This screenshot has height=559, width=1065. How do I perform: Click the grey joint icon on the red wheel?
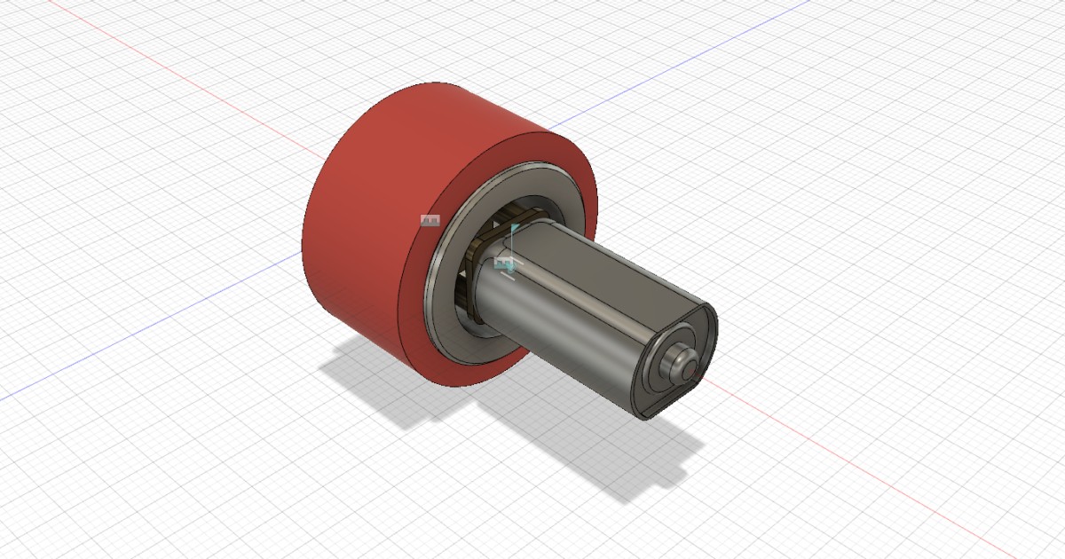[x=430, y=220]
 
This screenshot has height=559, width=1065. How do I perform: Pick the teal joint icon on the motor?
[x=504, y=263]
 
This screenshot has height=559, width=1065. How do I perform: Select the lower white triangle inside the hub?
[x=462, y=293]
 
